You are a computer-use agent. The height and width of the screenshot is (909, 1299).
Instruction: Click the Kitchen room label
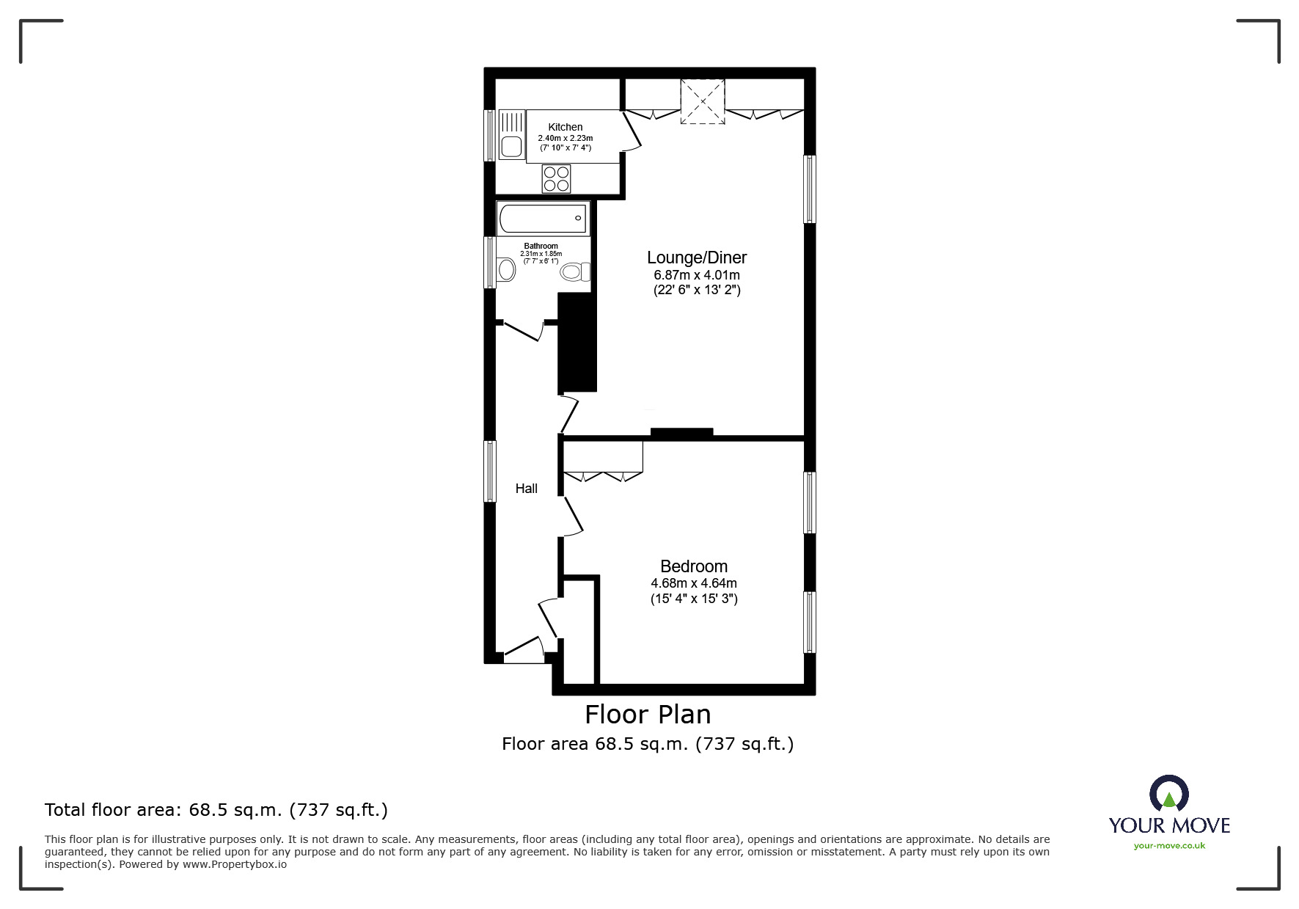[566, 127]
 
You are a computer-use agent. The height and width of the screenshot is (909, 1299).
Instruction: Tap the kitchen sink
[512, 134]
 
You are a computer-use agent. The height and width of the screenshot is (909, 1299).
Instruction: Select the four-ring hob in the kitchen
[556, 179]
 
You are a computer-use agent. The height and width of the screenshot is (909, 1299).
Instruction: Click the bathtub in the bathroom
[543, 218]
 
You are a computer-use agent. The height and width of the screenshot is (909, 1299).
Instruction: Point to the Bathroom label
[541, 246]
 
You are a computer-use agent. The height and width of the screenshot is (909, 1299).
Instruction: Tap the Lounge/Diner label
[697, 258]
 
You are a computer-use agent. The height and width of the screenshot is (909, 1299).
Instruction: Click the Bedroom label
[694, 566]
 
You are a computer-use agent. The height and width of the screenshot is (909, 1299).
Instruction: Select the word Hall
[527, 489]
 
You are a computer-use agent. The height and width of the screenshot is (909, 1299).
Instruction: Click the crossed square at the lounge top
[703, 101]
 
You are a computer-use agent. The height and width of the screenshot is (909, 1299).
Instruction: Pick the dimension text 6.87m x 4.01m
[697, 275]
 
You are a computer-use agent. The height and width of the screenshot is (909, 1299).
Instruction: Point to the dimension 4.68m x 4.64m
[694, 583]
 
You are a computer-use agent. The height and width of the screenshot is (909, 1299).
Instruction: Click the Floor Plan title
[648, 714]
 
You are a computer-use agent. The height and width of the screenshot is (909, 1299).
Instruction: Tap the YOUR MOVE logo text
[1169, 825]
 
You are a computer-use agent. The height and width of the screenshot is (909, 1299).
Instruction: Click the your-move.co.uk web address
[1169, 846]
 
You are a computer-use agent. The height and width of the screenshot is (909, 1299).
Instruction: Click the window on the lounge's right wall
[810, 189]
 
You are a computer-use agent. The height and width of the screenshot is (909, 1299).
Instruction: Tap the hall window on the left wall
[490, 471]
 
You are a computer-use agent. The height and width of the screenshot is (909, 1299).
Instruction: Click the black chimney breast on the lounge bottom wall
[681, 433]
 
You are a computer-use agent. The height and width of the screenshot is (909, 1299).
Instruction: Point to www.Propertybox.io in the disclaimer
[235, 864]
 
